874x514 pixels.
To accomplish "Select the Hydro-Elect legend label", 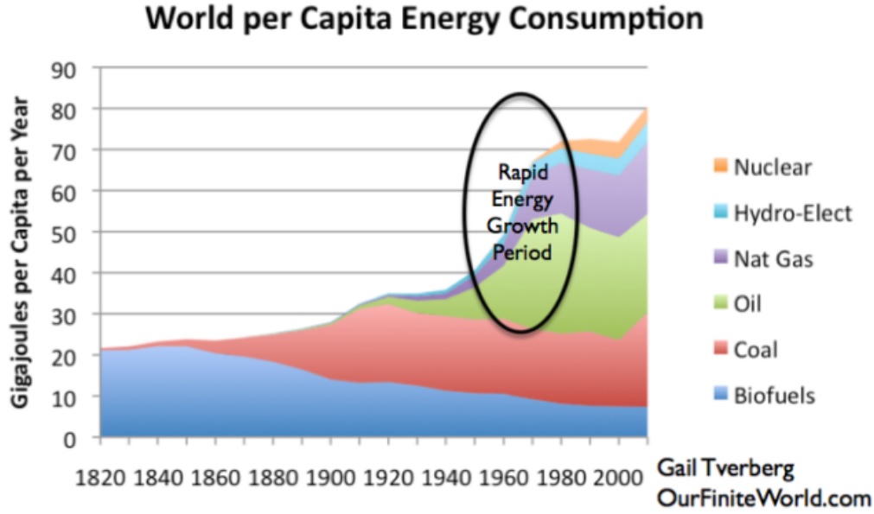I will (793, 213).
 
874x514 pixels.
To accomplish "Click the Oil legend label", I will (750, 304).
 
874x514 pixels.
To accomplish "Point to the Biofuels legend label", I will (775, 396).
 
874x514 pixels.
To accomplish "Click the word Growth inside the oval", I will (523, 226).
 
